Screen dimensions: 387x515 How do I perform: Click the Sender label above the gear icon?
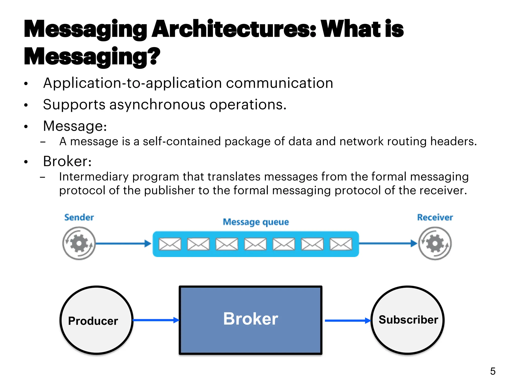coord(79,217)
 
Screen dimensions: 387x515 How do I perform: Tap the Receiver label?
coord(435,217)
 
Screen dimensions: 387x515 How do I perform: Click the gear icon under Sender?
coord(79,243)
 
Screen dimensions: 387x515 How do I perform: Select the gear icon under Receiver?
coord(435,243)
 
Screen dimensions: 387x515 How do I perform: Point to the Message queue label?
coord(256,222)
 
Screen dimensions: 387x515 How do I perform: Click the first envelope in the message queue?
coord(170,244)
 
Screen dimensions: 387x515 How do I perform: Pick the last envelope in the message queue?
coord(341,244)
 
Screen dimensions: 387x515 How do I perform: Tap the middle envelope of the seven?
coord(255,244)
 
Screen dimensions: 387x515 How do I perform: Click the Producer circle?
coord(97,320)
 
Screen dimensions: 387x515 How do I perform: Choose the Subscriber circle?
coord(408,320)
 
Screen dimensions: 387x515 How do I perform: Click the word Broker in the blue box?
coord(251,319)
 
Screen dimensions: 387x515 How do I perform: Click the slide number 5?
coord(493,371)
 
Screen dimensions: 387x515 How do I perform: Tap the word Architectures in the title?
coord(234,29)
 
